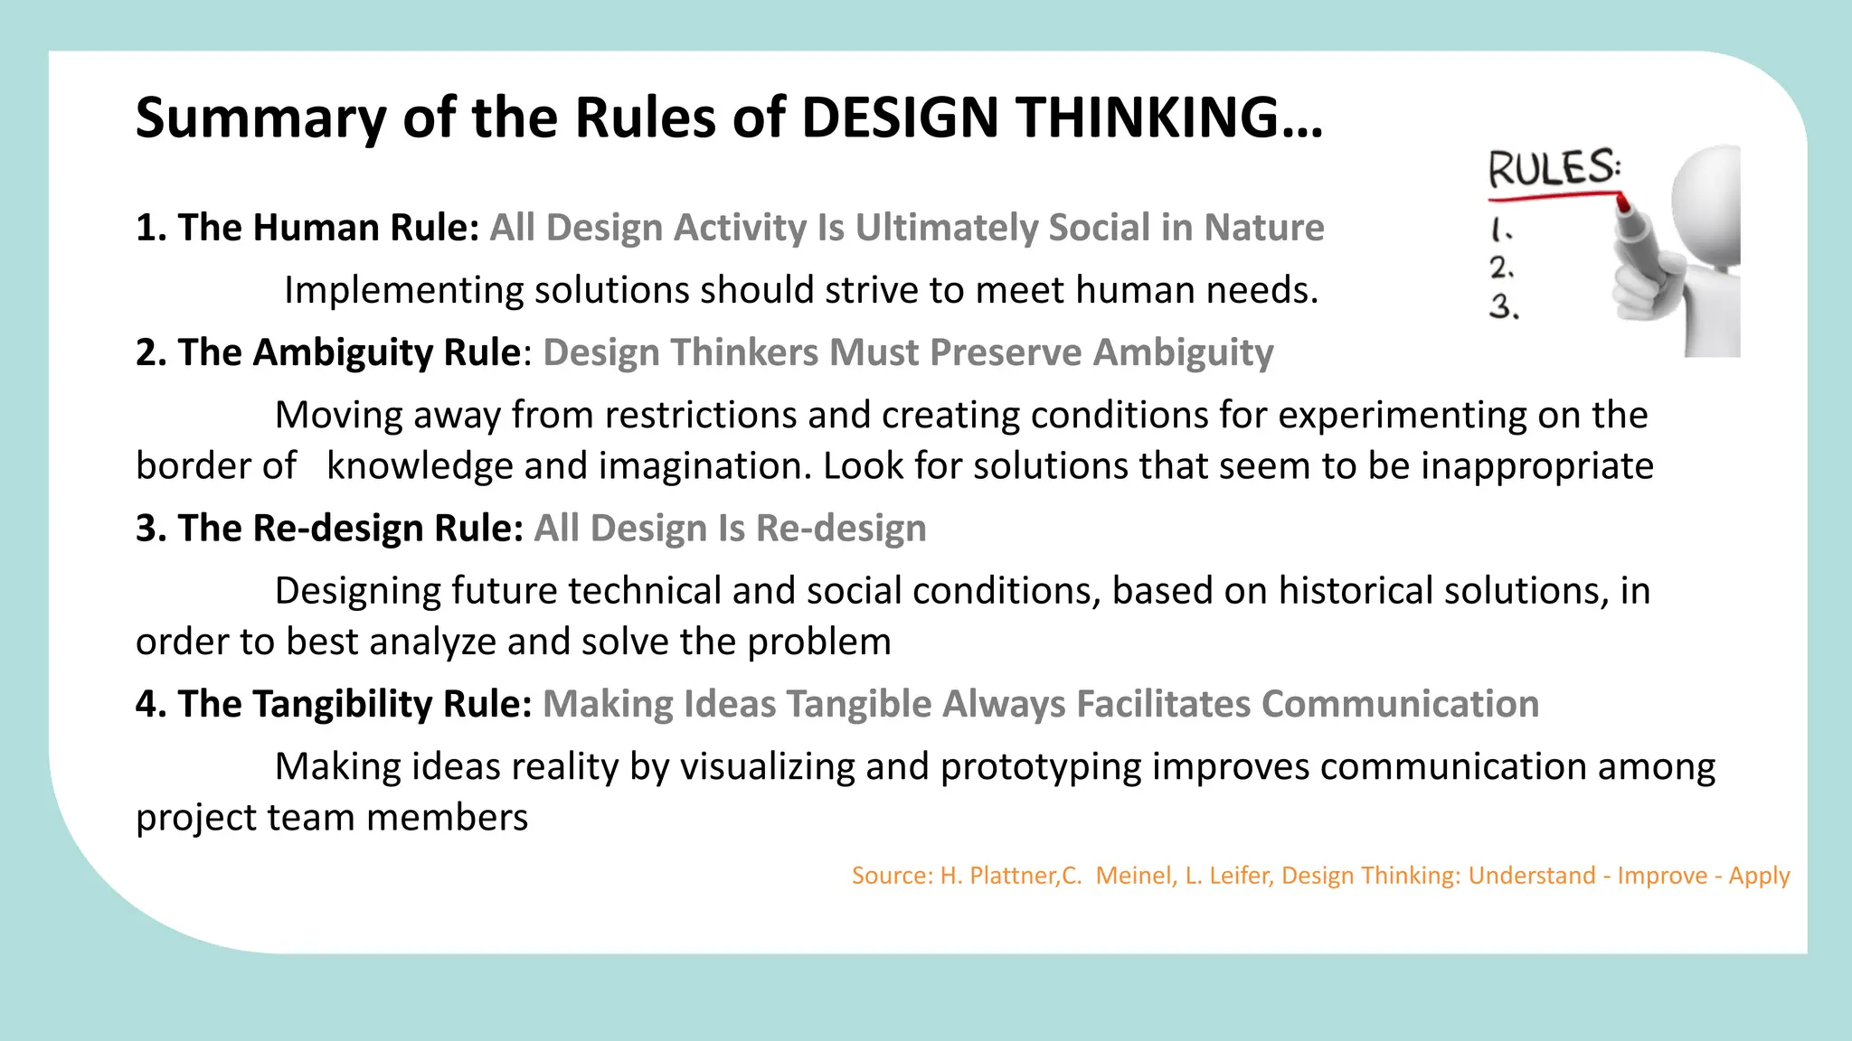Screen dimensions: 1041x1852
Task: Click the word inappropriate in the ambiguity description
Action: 1537,466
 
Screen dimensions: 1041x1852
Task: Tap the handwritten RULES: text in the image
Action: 1554,169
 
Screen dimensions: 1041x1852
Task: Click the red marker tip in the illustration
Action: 1622,203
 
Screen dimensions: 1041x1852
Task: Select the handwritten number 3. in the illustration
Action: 1504,307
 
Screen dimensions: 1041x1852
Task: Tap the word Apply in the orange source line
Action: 1759,876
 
